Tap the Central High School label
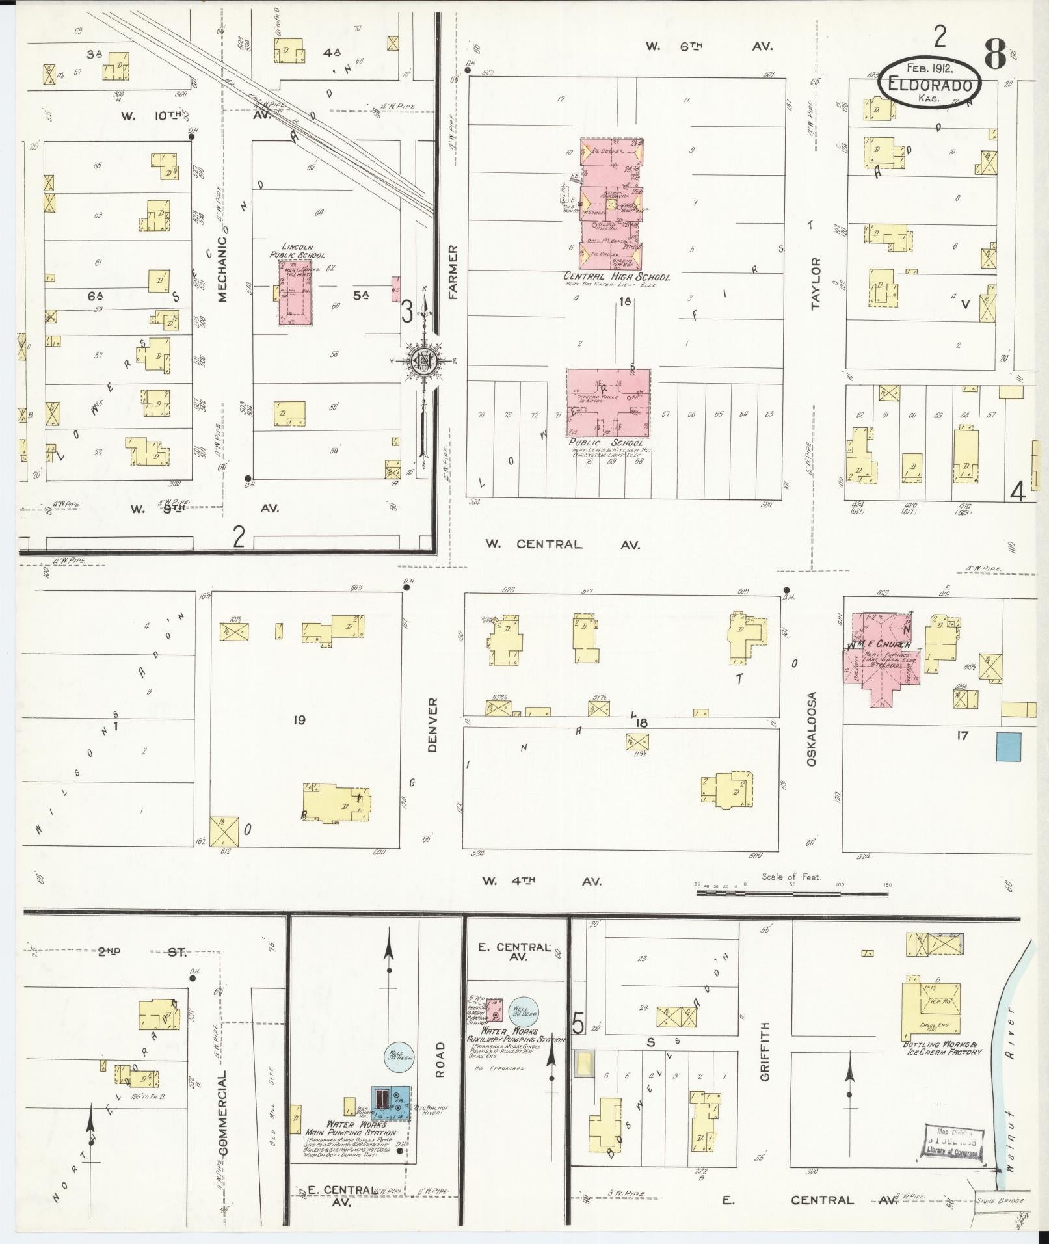pyautogui.click(x=617, y=277)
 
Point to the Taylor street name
pyautogui.click(x=816, y=284)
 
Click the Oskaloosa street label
pyautogui.click(x=811, y=728)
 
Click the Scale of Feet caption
pyautogui.click(x=791, y=877)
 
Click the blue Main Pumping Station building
pyautogui.click(x=390, y=1104)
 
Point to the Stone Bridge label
pyautogui.click(x=1001, y=1200)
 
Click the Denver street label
pyautogui.click(x=433, y=725)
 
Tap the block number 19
pyautogui.click(x=299, y=719)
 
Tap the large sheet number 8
pyautogui.click(x=995, y=55)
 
